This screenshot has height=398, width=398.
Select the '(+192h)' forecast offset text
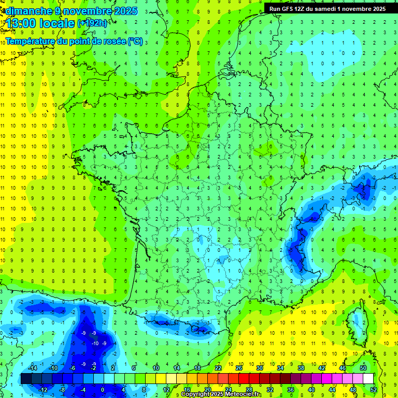coord(93,23)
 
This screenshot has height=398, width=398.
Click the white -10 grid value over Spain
coord(95,343)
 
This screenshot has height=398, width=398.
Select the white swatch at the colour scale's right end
coord(368,379)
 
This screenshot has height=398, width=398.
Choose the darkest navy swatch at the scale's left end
coord(26,379)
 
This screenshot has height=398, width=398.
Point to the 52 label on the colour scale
coord(374,390)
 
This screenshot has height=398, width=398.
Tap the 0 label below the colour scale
coord(103,390)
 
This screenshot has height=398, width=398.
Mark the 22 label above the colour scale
coord(218,368)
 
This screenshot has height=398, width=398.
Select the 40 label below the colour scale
coord(311,390)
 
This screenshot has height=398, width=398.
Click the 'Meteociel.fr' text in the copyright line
coord(243,394)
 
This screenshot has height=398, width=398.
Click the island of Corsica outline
coord(355,326)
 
